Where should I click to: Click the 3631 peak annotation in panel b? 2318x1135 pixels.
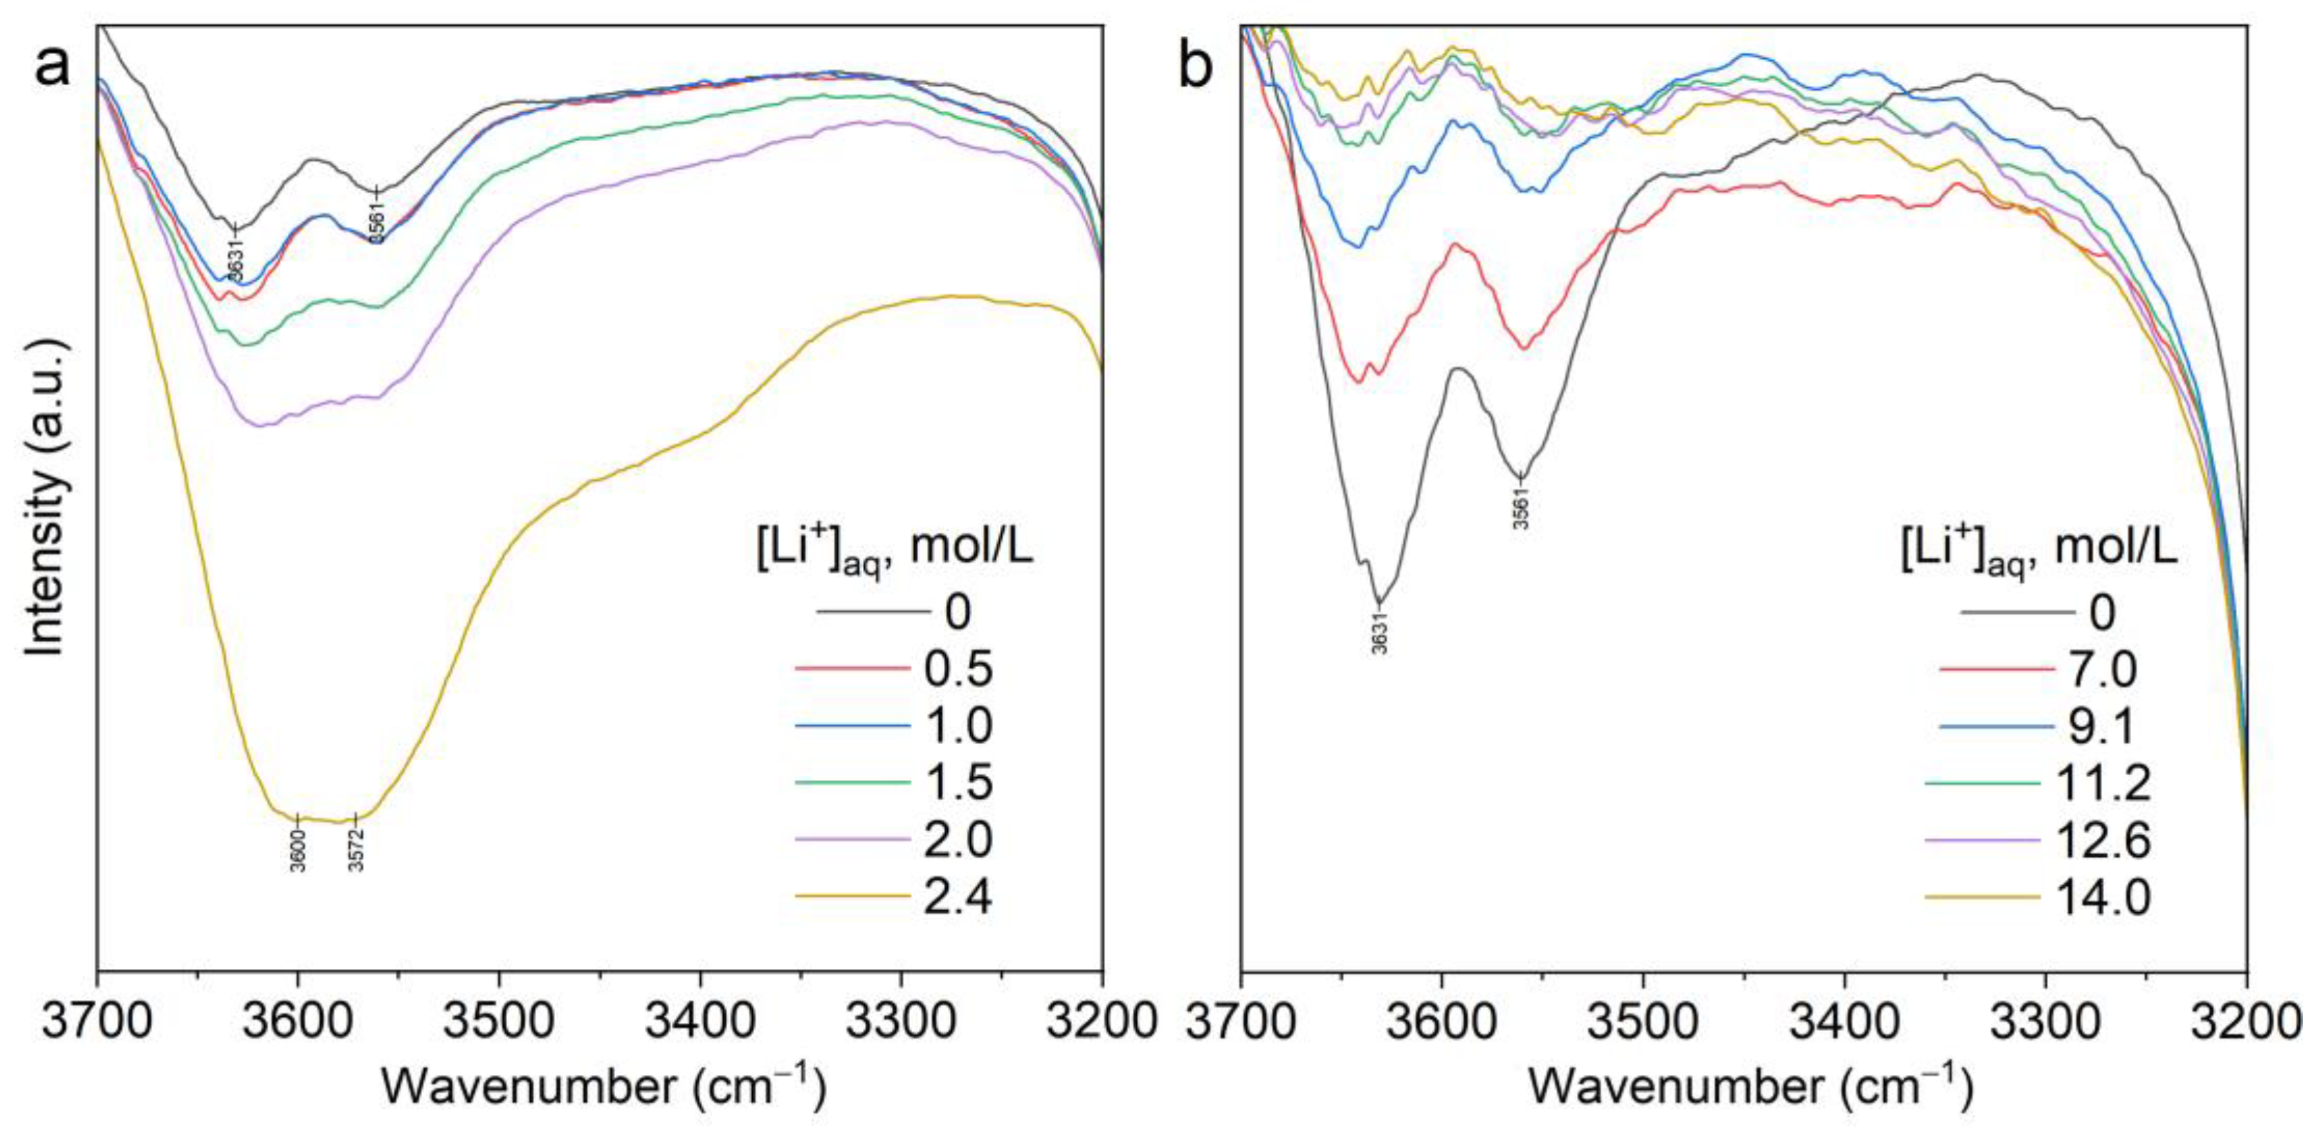(1380, 632)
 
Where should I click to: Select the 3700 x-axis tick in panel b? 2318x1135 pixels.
(1242, 1021)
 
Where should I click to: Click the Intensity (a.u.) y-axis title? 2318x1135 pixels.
(45, 498)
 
